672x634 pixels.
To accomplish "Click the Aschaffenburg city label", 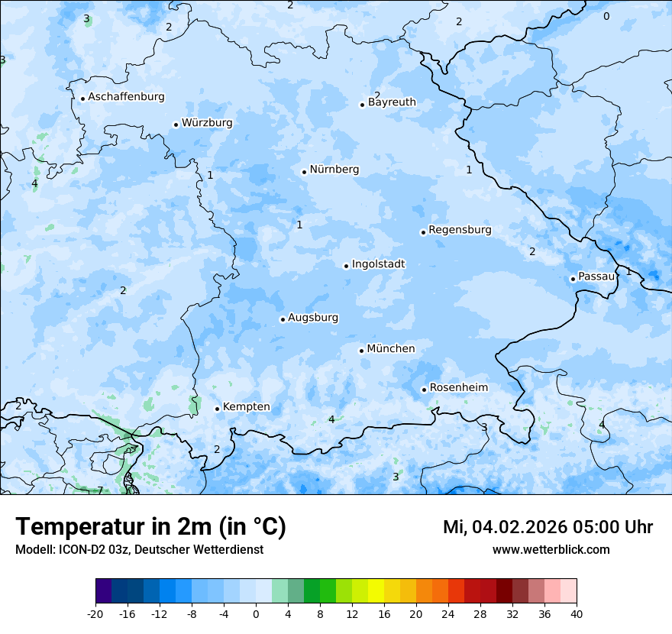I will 126,97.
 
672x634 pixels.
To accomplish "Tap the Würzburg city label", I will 207,123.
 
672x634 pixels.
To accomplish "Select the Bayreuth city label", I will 392,102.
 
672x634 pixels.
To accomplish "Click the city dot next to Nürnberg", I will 304,172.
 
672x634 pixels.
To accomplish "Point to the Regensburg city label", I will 460,230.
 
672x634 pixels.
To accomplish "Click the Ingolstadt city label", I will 378,264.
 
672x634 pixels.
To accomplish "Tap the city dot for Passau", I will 573,279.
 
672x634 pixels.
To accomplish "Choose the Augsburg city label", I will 313,318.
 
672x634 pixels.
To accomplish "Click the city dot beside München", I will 361,351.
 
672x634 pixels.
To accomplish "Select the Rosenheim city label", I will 458,388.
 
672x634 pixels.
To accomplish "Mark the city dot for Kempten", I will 217,409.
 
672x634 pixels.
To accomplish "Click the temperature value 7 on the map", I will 100,490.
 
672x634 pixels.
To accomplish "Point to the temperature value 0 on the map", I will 606,16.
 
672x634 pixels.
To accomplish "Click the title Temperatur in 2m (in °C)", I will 150,527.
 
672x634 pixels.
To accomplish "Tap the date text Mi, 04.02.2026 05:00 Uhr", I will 548,527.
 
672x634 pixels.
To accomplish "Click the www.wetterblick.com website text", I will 551,550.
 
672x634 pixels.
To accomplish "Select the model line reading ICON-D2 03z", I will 139,550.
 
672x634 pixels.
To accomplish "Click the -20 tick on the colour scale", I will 95,614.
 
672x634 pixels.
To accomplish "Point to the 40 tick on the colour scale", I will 577,614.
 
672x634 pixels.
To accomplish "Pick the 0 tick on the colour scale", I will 256,614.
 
